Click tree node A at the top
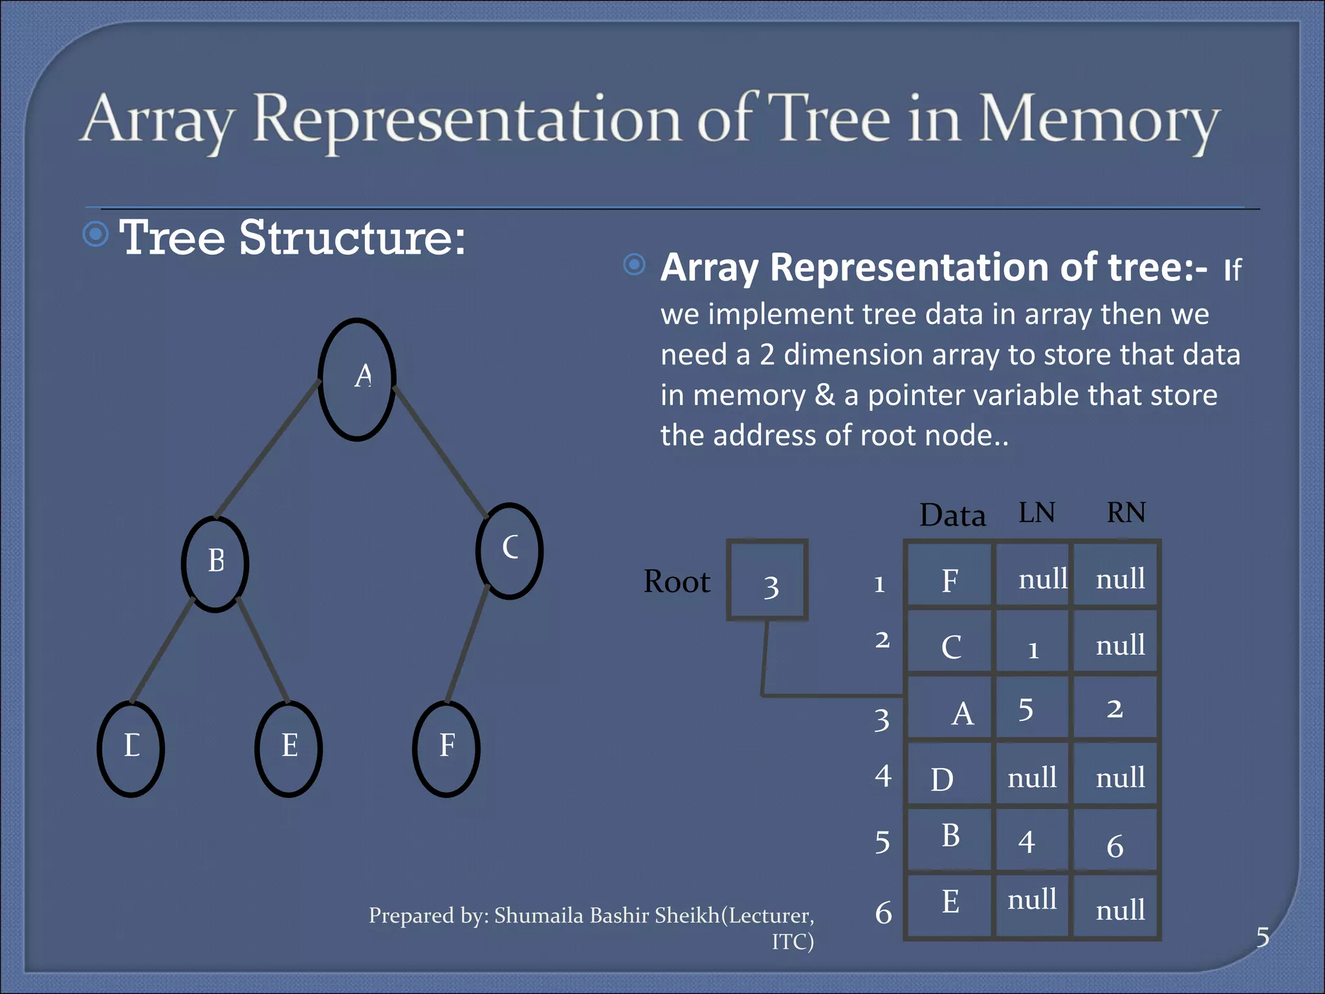(x=357, y=379)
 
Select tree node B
(x=215, y=563)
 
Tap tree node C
(x=509, y=550)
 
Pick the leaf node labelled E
(x=289, y=748)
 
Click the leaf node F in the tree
(x=446, y=748)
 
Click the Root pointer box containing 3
(x=767, y=580)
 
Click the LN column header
(x=1036, y=513)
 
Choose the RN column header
(x=1126, y=513)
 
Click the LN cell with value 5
(x=1033, y=708)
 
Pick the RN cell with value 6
(x=1115, y=841)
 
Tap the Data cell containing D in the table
(x=948, y=775)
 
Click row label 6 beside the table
(x=883, y=913)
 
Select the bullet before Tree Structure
(x=96, y=234)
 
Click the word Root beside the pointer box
(x=677, y=582)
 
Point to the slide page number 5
(x=1262, y=937)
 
